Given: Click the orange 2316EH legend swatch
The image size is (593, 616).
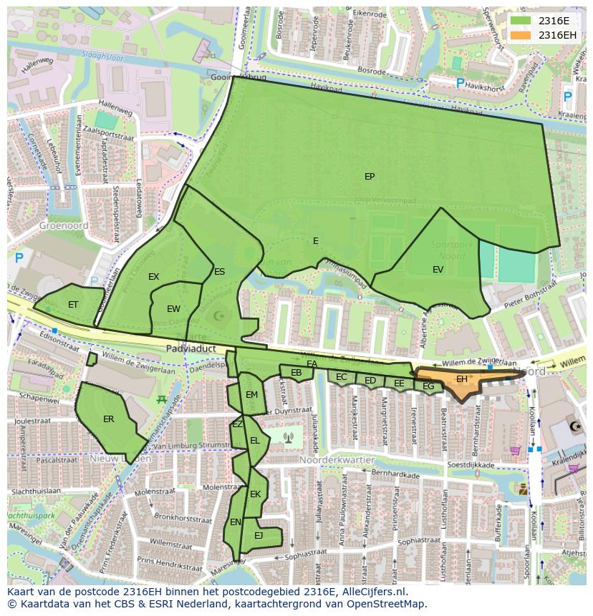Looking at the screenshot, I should [x=521, y=35].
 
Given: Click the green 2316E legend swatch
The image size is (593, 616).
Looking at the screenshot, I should [x=521, y=21].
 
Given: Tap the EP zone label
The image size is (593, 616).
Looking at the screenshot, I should [x=370, y=177].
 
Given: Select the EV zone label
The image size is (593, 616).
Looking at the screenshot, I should [x=438, y=270].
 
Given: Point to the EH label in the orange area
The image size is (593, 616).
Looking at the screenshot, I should [x=462, y=379].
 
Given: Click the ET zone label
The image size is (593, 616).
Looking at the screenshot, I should [x=73, y=305].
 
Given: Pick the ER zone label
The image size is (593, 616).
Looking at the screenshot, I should [x=109, y=419].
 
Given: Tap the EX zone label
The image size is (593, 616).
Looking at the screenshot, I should [x=154, y=277].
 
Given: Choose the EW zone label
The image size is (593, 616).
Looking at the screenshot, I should [x=173, y=309].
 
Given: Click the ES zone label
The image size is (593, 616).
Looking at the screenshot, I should [x=219, y=272].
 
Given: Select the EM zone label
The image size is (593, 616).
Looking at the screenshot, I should [x=251, y=395].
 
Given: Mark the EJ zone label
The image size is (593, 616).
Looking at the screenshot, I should [x=259, y=535].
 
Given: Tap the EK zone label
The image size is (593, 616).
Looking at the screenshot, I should [x=255, y=494].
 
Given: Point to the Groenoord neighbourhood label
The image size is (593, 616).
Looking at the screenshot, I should [x=64, y=225].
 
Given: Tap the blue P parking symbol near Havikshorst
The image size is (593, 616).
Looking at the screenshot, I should [x=461, y=84].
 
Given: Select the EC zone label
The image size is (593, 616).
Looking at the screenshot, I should [x=342, y=377].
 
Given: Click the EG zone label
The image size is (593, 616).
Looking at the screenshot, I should [x=428, y=387].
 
